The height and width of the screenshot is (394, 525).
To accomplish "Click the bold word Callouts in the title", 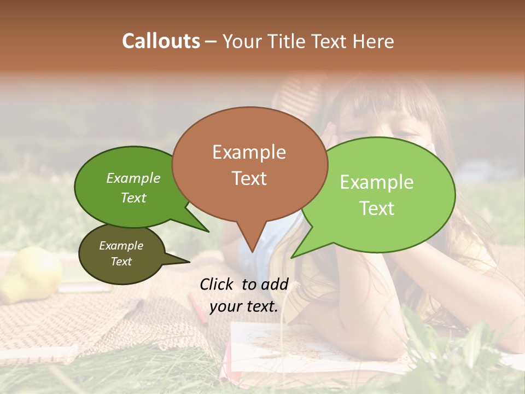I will (161, 41).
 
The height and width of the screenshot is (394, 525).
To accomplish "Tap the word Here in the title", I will (374, 42).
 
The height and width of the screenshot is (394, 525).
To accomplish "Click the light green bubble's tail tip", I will (292, 257).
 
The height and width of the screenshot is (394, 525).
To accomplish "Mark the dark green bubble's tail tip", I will (208, 231).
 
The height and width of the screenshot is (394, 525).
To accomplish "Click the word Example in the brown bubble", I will (249, 152).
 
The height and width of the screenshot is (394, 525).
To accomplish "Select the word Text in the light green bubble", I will (377, 208).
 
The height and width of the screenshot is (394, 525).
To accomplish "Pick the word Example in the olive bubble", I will (121, 246).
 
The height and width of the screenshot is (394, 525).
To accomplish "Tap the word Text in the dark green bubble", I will (133, 198).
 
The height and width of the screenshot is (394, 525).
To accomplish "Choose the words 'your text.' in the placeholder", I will (244, 306).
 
